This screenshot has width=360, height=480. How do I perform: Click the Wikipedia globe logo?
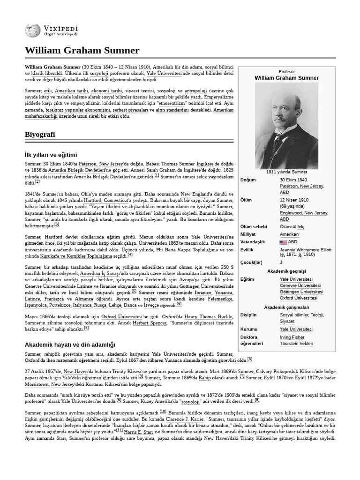click(33, 31)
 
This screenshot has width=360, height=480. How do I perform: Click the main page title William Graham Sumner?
click(82, 50)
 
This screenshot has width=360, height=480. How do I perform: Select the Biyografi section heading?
click(40, 135)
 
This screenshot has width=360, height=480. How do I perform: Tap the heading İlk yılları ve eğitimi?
click(51, 155)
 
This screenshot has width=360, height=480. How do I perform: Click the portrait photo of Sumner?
click(286, 125)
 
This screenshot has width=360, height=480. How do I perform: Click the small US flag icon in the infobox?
click(283, 242)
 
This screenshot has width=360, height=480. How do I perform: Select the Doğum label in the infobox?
click(248, 180)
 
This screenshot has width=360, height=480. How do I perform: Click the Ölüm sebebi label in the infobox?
click(254, 227)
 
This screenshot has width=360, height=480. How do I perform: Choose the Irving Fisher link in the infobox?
click(292, 337)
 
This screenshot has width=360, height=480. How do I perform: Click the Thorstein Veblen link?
click(296, 344)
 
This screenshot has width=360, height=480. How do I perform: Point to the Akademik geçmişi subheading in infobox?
click(286, 271)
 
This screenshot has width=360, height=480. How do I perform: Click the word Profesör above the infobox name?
click(286, 71)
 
